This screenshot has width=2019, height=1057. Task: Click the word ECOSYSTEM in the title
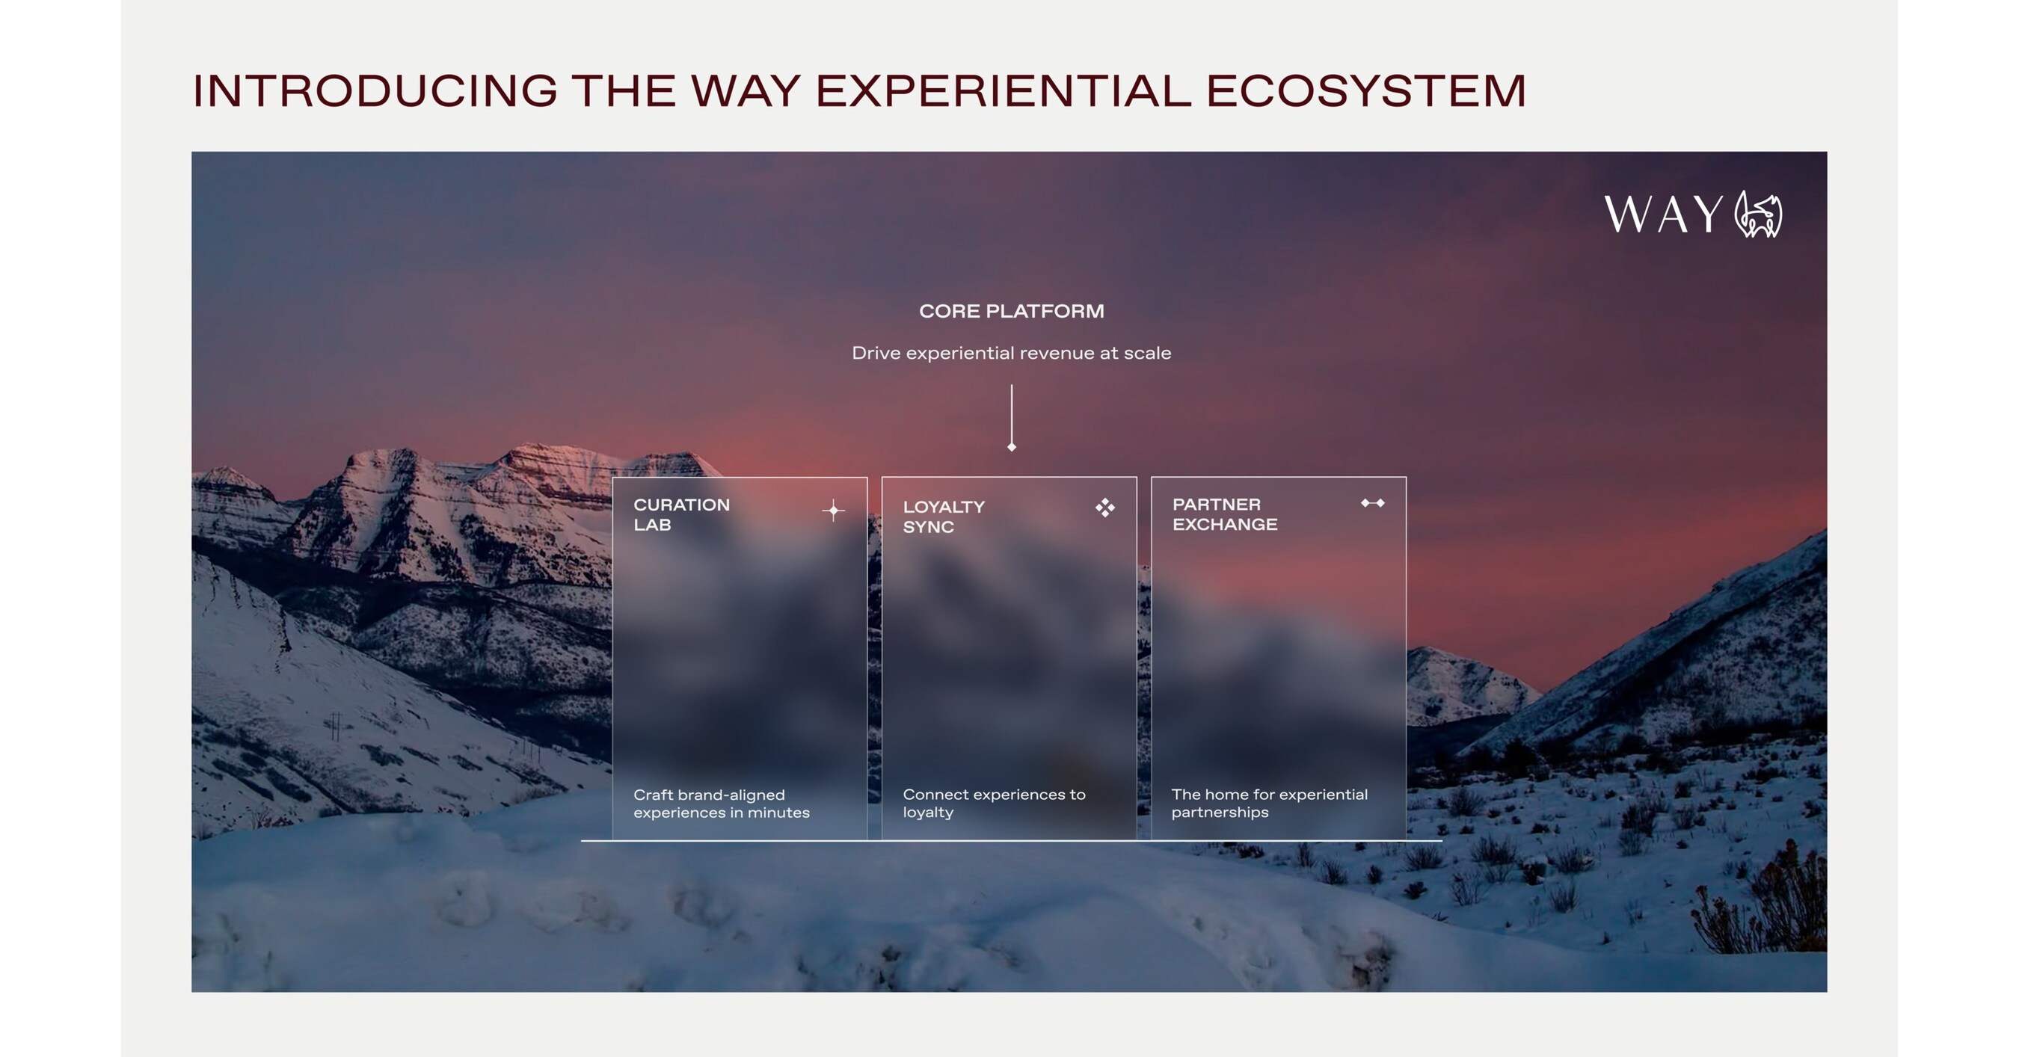pyautogui.click(x=1366, y=91)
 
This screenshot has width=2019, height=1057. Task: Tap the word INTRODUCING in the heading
pyautogui.click(x=375, y=91)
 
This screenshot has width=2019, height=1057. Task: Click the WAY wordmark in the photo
pyautogui.click(x=1662, y=214)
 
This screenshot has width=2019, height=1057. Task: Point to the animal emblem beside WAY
pyautogui.click(x=1758, y=214)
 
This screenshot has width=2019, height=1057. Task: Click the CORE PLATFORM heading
pyautogui.click(x=1011, y=311)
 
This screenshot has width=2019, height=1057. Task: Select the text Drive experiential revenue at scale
pyautogui.click(x=1011, y=354)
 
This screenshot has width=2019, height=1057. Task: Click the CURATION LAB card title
pyautogui.click(x=681, y=515)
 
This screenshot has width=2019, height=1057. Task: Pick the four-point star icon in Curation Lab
pyautogui.click(x=833, y=511)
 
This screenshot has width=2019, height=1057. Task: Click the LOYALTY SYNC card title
pyautogui.click(x=944, y=517)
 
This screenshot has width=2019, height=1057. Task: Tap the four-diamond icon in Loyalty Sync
pyautogui.click(x=1105, y=508)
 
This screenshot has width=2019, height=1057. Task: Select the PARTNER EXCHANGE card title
pyautogui.click(x=1224, y=515)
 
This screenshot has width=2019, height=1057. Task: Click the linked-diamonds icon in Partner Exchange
pyautogui.click(x=1372, y=503)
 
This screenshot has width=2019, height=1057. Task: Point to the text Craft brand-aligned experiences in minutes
pyautogui.click(x=721, y=804)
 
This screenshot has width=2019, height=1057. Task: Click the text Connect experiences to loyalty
pyautogui.click(x=994, y=803)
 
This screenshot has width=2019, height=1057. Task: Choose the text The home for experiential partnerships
pyautogui.click(x=1269, y=803)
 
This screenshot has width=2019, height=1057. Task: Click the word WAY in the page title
pyautogui.click(x=746, y=91)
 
